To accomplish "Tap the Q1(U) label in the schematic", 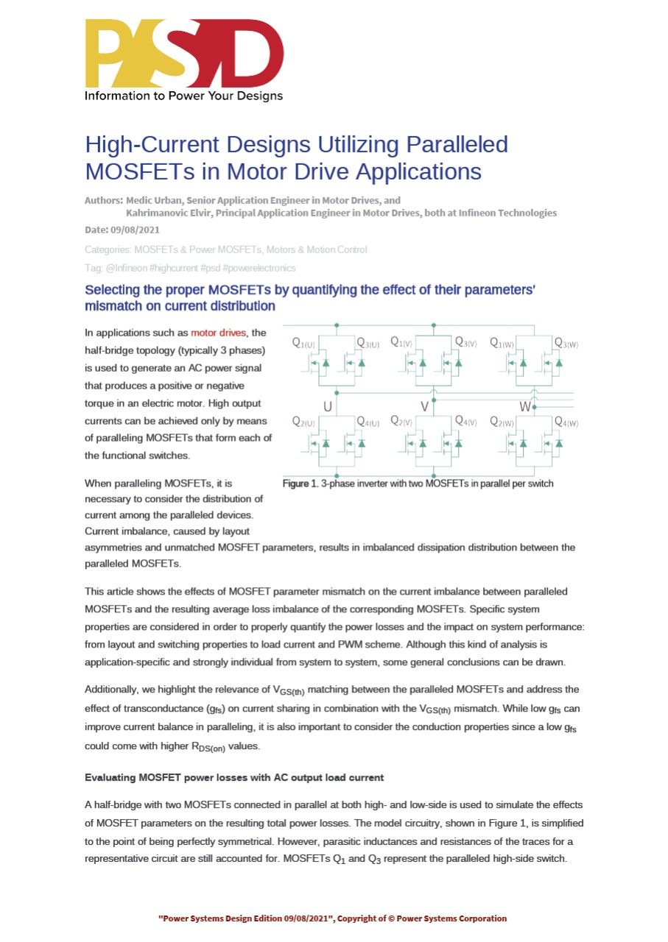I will click(x=304, y=342).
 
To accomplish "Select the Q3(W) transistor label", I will click(x=566, y=342).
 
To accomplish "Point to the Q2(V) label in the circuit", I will click(x=401, y=422).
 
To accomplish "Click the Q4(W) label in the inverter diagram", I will click(x=566, y=422).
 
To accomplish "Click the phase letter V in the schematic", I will click(x=424, y=406).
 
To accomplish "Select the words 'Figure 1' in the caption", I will click(x=299, y=484).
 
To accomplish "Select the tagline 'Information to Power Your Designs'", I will click(x=183, y=96).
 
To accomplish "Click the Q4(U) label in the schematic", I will click(x=367, y=422).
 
